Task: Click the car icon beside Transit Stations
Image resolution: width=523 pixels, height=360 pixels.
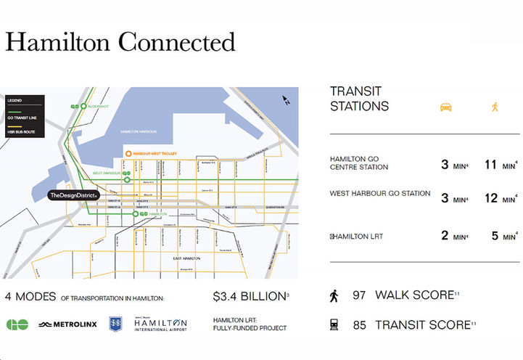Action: [445, 107]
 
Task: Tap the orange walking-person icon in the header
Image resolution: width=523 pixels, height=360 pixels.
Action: [495, 107]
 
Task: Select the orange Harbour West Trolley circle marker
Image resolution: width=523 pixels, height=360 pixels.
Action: [128, 154]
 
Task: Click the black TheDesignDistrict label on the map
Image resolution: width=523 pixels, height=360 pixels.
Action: [77, 195]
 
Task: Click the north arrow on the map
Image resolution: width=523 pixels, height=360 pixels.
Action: [286, 101]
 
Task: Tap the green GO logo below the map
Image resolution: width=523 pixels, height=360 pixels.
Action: [17, 324]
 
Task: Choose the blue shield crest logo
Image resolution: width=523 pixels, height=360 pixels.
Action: [115, 324]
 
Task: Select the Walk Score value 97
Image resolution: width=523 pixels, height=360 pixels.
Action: [359, 295]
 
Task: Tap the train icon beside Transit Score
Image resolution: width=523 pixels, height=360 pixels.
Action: [334, 324]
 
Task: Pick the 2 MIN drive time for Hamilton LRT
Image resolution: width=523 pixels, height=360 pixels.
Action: [450, 235]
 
